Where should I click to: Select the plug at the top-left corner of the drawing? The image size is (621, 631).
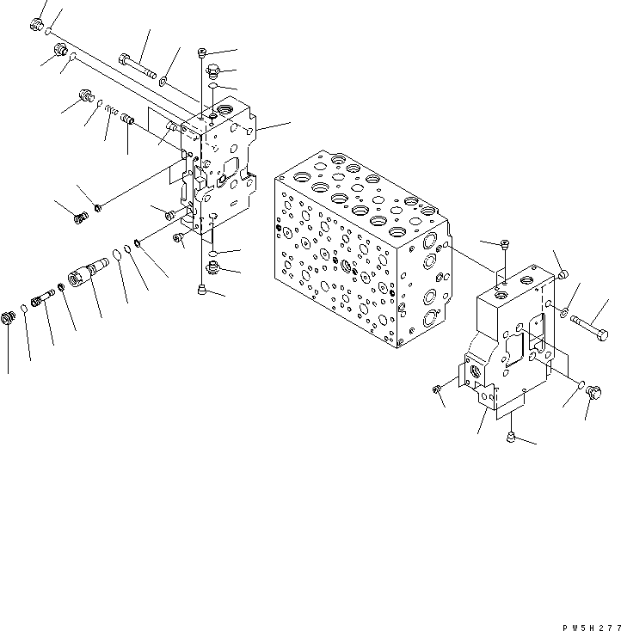tap(37, 26)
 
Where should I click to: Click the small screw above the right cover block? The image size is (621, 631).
tap(505, 246)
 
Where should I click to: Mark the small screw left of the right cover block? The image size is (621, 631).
tap(439, 392)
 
